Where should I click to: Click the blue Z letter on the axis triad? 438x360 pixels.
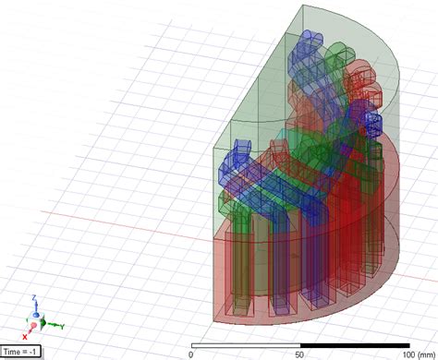pos(34,298)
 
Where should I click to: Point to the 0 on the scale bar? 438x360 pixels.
pos(191,354)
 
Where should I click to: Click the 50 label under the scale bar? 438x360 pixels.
pos(299,354)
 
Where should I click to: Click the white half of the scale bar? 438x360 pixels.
pos(245,345)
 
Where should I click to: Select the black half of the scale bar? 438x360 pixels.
pos(354,345)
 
